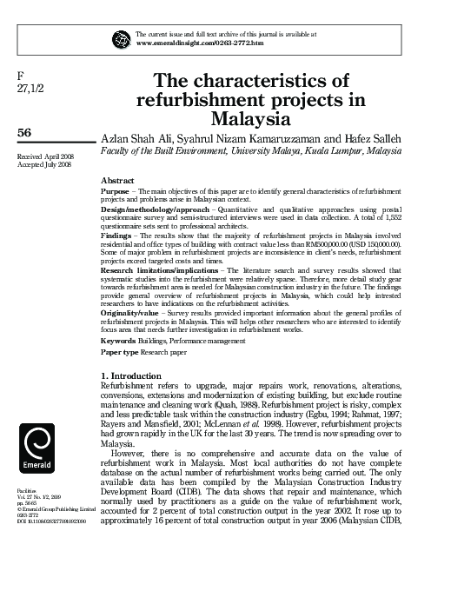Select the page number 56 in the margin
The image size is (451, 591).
click(x=26, y=131)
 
